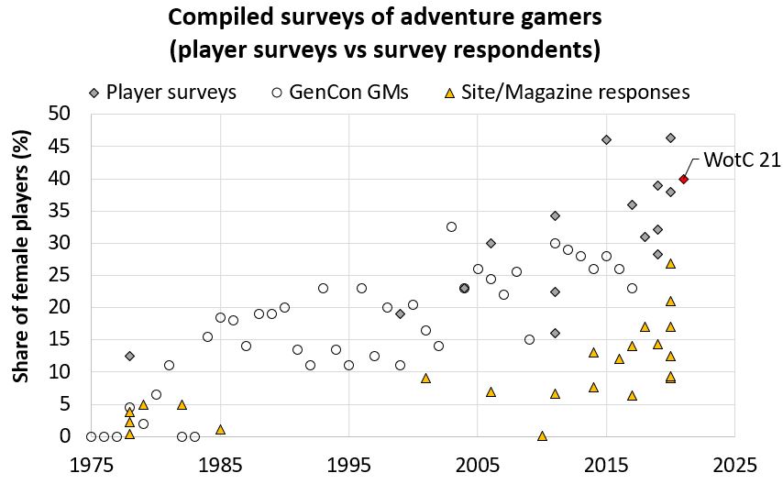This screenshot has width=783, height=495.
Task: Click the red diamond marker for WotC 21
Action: pyautogui.click(x=683, y=179)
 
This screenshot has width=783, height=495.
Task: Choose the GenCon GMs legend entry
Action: pyautogui.click(x=339, y=92)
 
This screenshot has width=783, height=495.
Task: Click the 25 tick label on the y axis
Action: pyautogui.click(x=71, y=276)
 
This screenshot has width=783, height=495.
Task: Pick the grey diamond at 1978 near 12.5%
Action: pyautogui.click(x=129, y=356)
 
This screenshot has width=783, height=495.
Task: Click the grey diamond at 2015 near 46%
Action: pyautogui.click(x=606, y=139)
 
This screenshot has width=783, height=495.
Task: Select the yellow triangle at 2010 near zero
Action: pyautogui.click(x=542, y=435)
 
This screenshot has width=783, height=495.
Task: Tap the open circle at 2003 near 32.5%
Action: pyautogui.click(x=451, y=226)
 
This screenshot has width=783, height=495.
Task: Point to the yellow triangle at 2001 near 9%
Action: pyautogui.click(x=425, y=378)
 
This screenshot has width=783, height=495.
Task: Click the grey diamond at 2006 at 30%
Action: pyautogui.click(x=491, y=243)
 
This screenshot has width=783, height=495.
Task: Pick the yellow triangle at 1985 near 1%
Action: pyautogui.click(x=220, y=429)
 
